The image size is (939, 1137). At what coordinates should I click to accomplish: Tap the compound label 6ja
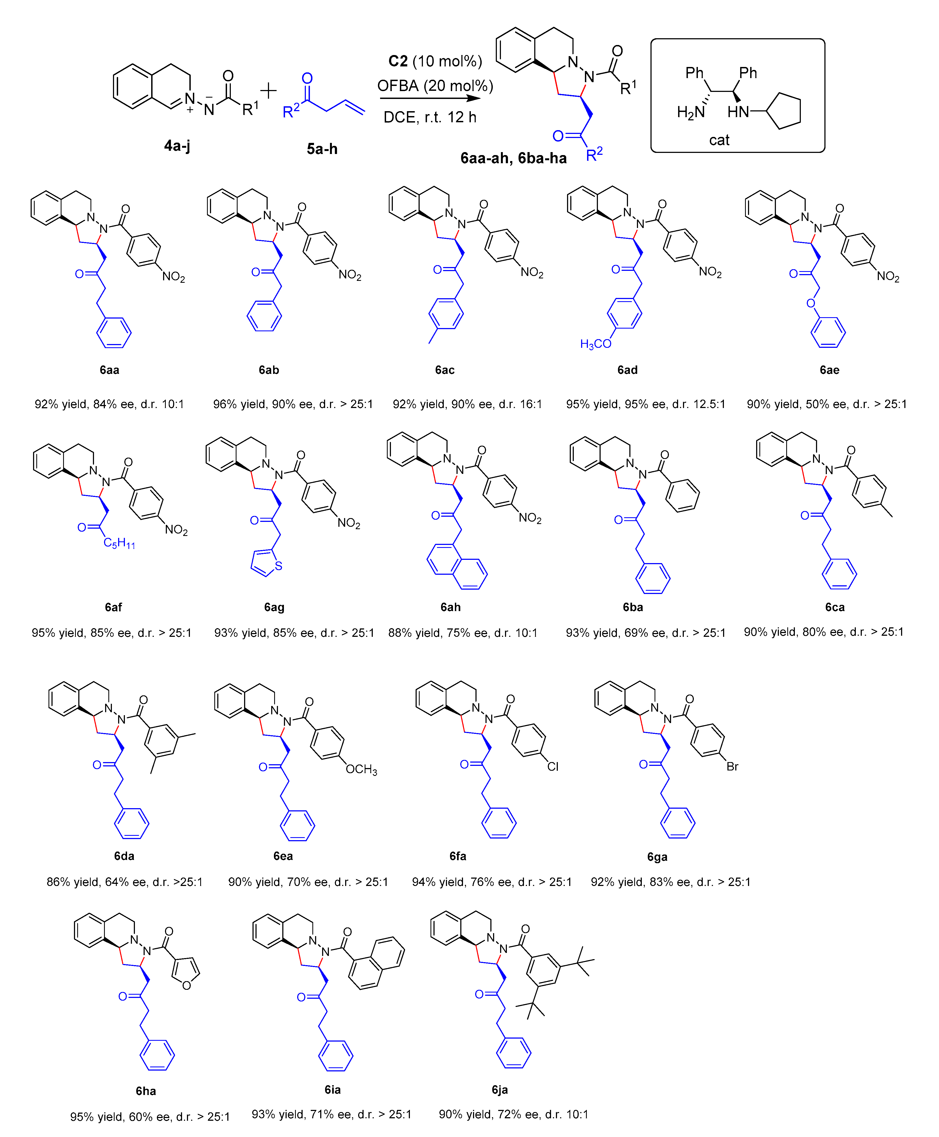[499, 1089]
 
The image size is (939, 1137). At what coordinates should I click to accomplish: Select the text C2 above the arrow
[398, 61]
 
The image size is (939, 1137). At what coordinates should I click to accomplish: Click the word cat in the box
[719, 140]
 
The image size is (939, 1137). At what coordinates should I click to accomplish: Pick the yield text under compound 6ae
[827, 404]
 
